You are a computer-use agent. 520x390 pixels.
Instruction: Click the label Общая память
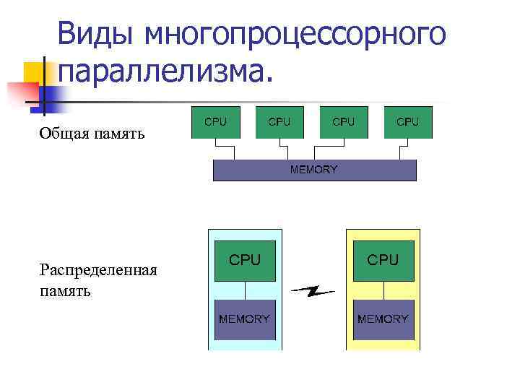[x=92, y=133]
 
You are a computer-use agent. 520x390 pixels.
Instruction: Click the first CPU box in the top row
[x=215, y=122]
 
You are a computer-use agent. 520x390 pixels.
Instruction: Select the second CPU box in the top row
[x=279, y=122]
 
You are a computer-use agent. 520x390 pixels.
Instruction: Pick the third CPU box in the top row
[x=343, y=122]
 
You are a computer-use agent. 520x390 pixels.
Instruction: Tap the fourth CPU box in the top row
[x=408, y=122]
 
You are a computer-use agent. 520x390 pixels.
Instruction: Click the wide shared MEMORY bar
[x=314, y=170]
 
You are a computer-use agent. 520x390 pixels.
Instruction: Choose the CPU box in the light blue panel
[x=245, y=260]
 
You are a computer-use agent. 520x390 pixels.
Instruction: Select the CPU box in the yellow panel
[x=383, y=260]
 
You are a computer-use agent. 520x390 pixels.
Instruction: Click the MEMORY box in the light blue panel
[x=245, y=319]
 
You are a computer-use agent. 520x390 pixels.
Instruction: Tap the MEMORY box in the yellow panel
[x=383, y=319]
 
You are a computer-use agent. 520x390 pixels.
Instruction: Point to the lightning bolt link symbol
[x=313, y=292]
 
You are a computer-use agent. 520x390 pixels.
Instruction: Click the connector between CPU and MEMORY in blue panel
[x=245, y=290]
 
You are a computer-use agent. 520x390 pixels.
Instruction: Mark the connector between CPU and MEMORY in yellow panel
[x=383, y=290]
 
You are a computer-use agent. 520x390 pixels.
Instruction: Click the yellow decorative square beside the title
[x=35, y=73]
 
